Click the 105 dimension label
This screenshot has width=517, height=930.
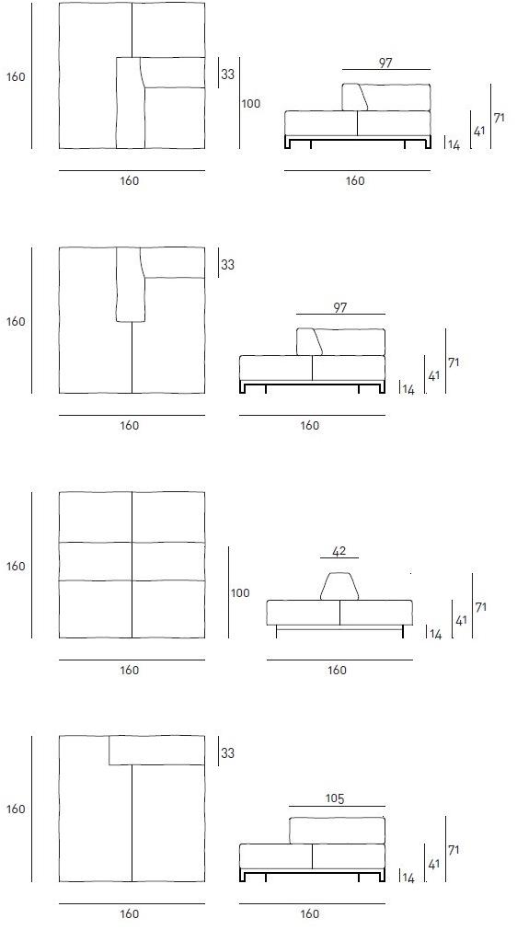[335, 799]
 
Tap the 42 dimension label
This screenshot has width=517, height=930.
[339, 552]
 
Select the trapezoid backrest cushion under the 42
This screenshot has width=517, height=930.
[339, 586]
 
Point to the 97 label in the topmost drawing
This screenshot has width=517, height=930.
[385, 63]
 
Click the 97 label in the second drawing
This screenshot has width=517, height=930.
[339, 307]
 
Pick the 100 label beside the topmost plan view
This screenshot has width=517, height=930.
[251, 104]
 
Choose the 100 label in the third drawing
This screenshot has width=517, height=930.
[240, 593]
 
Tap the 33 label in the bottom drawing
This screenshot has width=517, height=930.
[227, 753]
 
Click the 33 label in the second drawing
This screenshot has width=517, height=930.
[227, 265]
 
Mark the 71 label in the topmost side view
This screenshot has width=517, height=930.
[500, 118]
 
